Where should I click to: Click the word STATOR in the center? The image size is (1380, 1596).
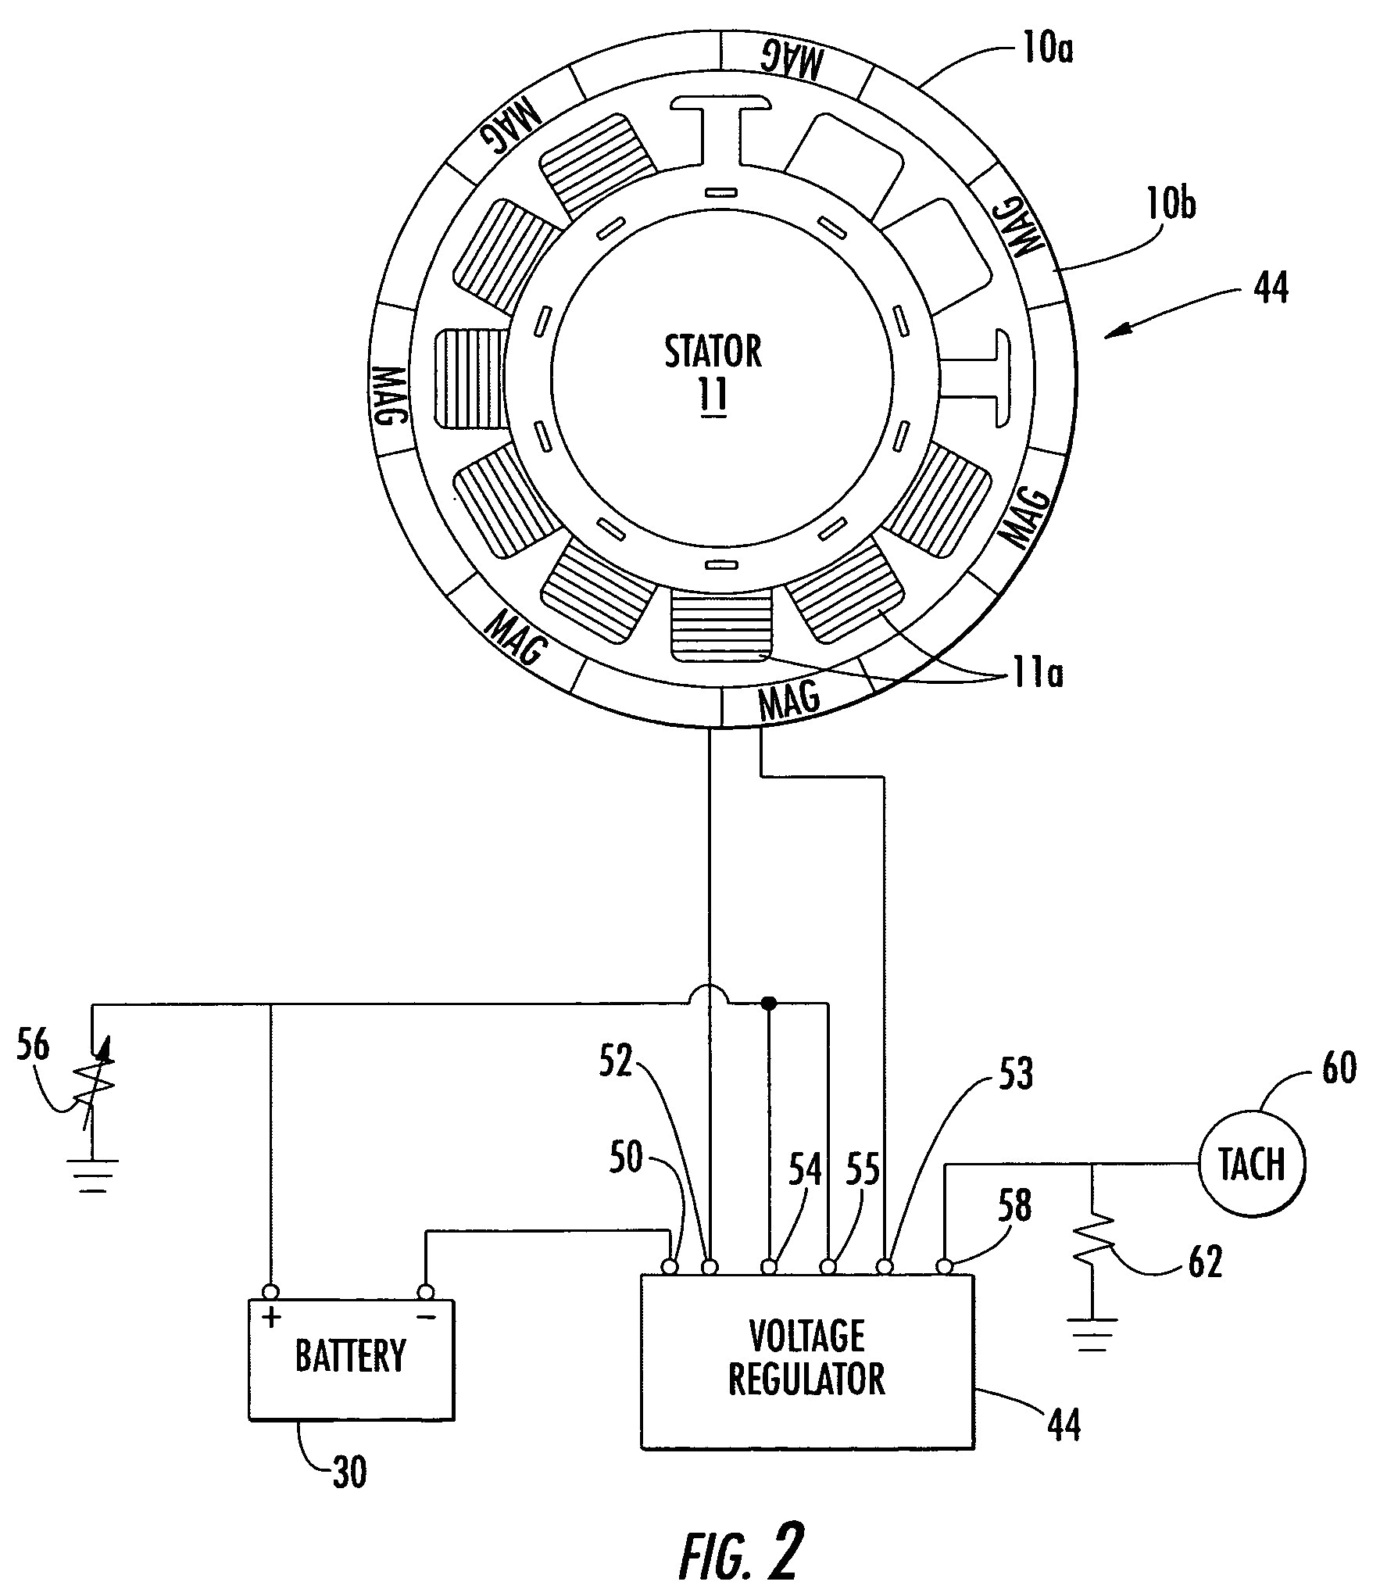(x=713, y=352)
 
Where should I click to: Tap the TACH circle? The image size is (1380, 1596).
(x=1252, y=1164)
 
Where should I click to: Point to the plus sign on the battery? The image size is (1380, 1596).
(x=271, y=1319)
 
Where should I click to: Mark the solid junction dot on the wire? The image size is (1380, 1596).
(x=769, y=1003)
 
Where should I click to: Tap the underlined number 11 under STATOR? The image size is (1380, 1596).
(x=713, y=395)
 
